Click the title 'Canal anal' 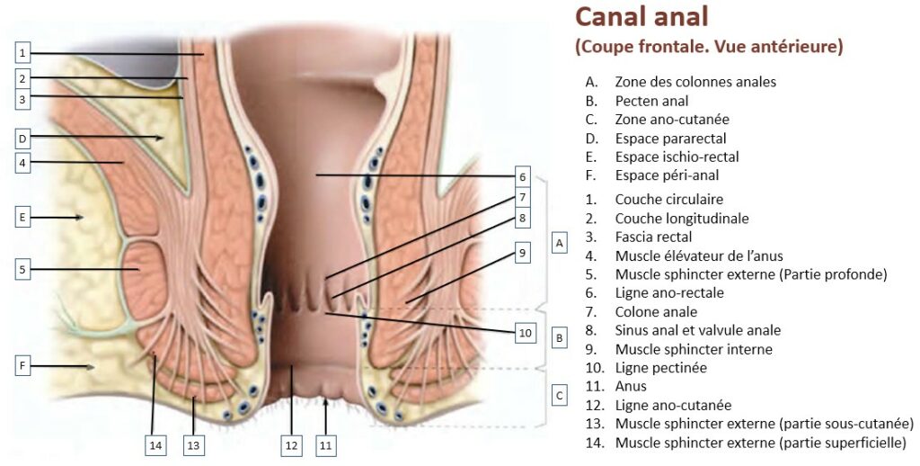641,17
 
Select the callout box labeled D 23,138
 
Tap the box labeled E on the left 23,217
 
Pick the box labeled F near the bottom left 23,366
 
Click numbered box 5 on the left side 23,268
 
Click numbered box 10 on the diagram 526,333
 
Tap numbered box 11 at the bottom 325,444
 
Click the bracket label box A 559,243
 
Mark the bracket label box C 559,395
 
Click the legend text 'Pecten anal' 651,101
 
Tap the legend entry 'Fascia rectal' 653,237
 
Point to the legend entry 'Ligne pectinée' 660,368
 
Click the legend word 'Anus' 631,387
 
